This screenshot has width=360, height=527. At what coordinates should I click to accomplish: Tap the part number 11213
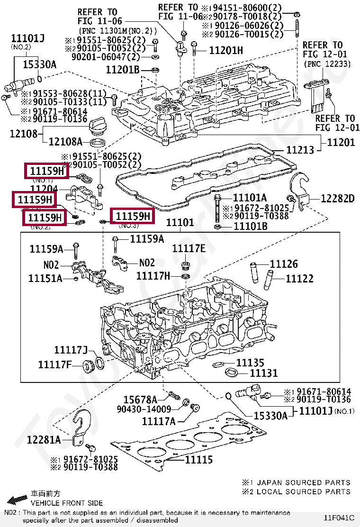pos(300,150)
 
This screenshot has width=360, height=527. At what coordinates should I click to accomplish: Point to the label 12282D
pos(338,199)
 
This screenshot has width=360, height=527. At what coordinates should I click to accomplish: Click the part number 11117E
pos(189,249)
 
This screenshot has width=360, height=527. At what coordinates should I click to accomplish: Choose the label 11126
pos(284,264)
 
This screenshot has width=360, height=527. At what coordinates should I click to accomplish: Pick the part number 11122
pos(299,278)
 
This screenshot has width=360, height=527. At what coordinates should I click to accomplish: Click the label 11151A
pos(45,278)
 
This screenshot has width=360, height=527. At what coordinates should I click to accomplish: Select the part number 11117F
pos(54,364)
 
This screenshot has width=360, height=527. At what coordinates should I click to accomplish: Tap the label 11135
pos(250,363)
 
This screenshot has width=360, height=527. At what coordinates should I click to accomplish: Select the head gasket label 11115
pos(199,459)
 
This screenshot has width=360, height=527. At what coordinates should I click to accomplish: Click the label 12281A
pos(44,440)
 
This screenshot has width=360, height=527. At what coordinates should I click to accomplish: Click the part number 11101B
pos(251,226)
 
